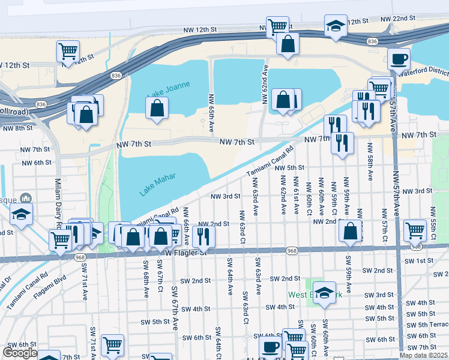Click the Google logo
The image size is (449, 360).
tap(19, 353)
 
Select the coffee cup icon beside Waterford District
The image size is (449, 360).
tap(399, 59)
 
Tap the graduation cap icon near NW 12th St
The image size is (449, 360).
tap(336, 26)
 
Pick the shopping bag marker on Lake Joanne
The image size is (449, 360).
tap(157, 109)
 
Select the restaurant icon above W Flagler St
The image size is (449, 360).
tap(203, 236)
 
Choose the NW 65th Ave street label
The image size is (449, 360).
tap(211, 113)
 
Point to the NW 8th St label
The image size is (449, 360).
tap(17, 128)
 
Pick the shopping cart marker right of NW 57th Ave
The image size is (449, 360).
tap(415, 230)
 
